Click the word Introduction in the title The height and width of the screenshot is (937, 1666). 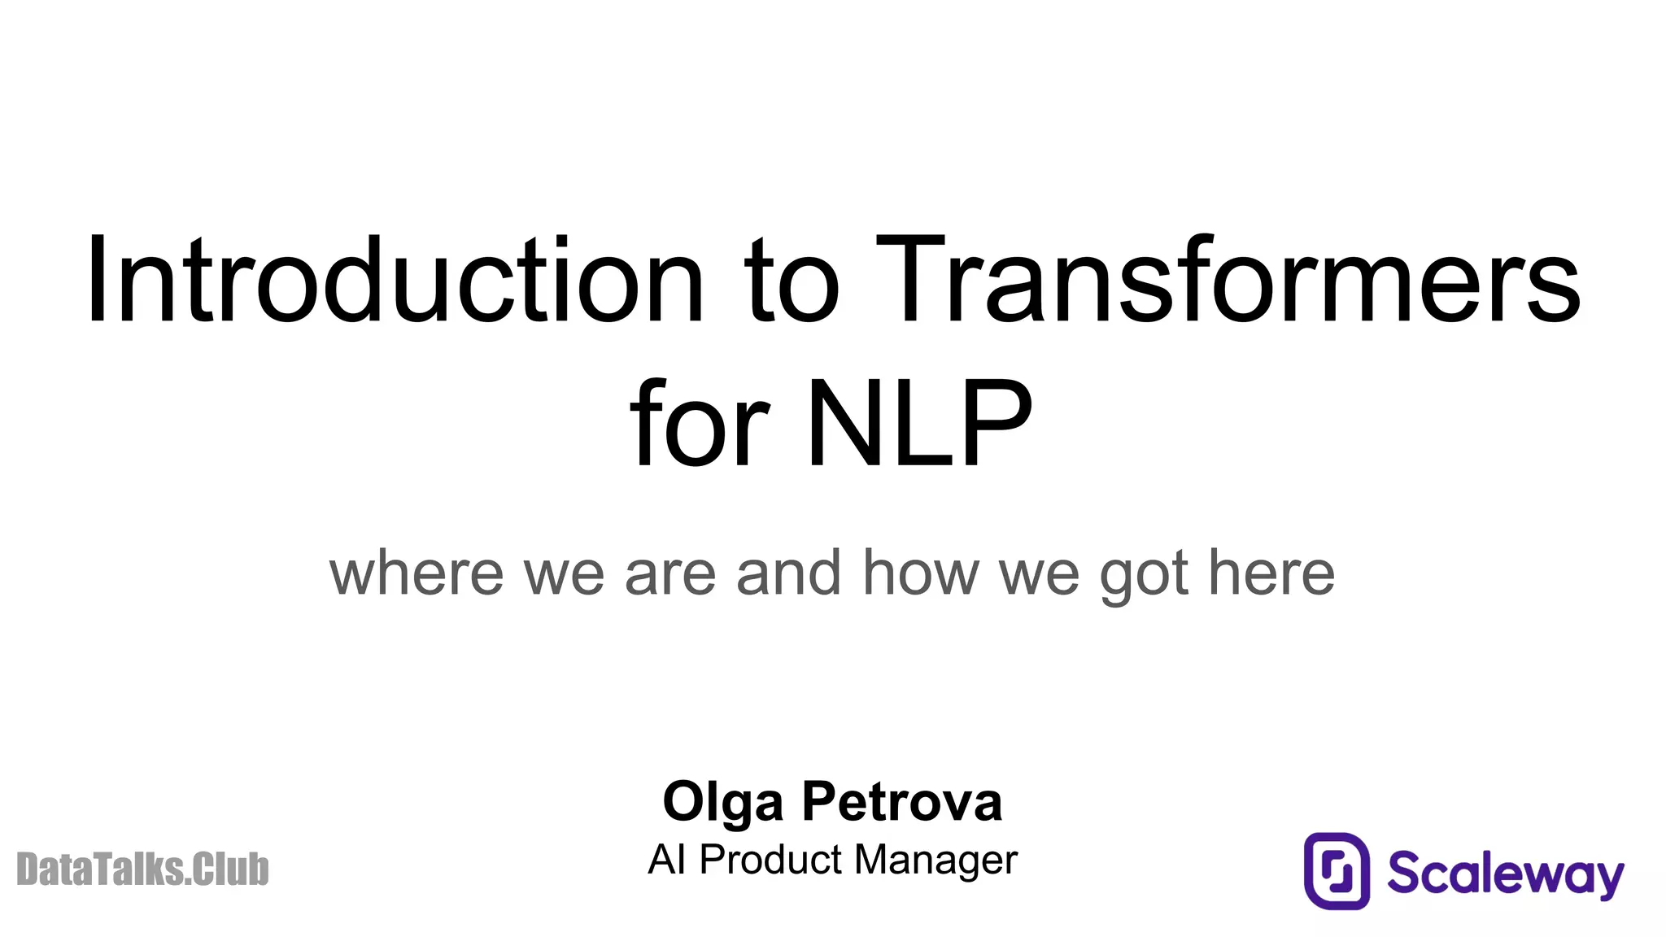(395, 281)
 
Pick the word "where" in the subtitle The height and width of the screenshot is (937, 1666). (416, 573)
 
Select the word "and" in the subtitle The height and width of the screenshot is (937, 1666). (787, 573)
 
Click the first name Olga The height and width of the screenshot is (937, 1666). (723, 804)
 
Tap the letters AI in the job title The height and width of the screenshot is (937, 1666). (666, 860)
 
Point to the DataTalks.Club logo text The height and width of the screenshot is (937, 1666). (142, 869)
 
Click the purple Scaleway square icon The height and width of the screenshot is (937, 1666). (1337, 870)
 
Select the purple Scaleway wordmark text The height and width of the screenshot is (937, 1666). (1505, 874)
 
